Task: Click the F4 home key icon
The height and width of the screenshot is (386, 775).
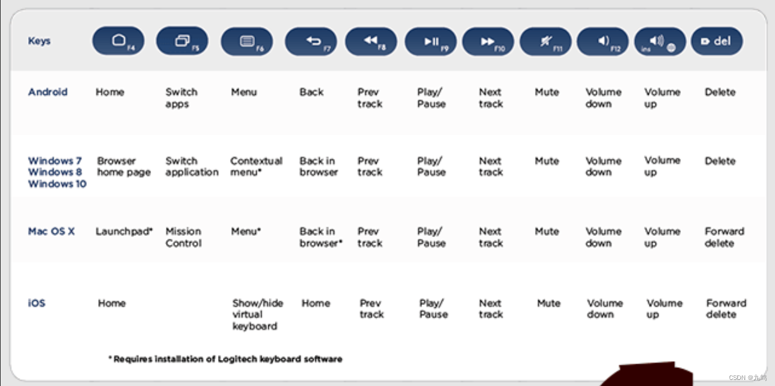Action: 118,42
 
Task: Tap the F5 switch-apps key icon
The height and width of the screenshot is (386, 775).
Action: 182,42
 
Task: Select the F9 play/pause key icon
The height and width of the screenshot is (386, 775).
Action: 430,42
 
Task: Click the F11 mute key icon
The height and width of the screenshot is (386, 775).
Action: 545,42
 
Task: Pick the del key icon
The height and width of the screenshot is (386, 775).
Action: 716,42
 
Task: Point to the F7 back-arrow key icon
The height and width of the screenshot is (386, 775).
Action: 311,42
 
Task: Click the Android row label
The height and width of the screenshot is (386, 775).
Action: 48,92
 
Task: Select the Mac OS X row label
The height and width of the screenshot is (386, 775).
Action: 51,231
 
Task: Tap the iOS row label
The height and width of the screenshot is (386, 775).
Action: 37,303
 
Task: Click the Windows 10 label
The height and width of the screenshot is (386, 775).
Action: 57,184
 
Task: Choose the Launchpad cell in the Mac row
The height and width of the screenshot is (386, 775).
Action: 124,231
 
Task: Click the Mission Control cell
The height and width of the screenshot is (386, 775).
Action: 183,237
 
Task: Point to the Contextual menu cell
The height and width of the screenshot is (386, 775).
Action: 256,167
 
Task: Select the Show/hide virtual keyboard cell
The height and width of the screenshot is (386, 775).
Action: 257,315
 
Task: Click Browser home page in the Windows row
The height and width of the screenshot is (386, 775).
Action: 123,167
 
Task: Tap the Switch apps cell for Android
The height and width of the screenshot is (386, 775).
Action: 181,98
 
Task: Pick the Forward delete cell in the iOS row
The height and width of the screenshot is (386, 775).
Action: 726,309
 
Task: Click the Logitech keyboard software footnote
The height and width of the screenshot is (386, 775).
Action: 225,359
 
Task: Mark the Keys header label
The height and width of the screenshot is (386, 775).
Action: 39,41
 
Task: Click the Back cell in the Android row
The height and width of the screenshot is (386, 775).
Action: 311,92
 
